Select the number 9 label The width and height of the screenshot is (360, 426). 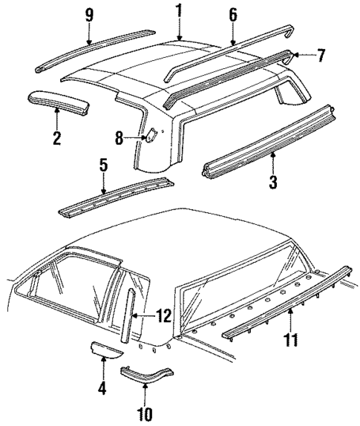(x=89, y=15)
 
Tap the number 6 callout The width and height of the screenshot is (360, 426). (x=232, y=13)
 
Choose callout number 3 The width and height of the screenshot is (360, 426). (x=272, y=181)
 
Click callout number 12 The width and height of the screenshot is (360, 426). (x=163, y=316)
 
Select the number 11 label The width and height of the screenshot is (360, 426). (x=291, y=341)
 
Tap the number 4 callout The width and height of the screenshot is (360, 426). (x=102, y=386)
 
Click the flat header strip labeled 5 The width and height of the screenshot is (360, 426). (x=115, y=197)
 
